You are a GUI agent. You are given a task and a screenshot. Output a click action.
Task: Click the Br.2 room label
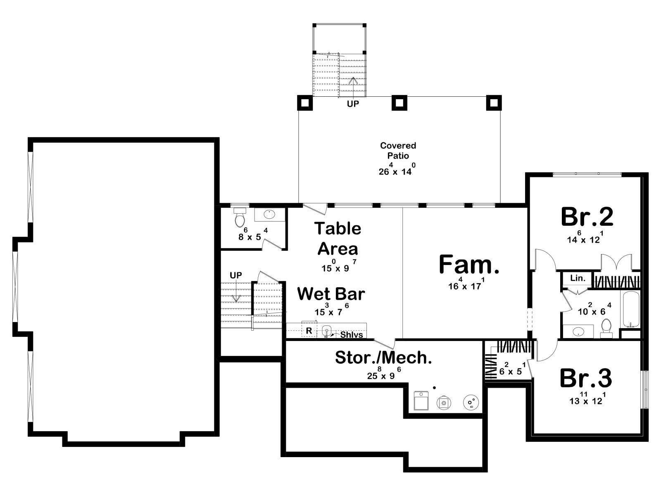pyautogui.click(x=587, y=217)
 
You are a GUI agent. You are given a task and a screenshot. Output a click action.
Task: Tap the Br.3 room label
pyautogui.click(x=586, y=378)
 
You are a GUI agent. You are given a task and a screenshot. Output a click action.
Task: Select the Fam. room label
pyautogui.click(x=469, y=264)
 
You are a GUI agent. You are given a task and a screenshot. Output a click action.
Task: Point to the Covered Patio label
pyautogui.click(x=398, y=150)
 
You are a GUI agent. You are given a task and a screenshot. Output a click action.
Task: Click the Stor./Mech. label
pyautogui.click(x=383, y=358)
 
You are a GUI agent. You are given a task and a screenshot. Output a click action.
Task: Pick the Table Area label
pyautogui.click(x=338, y=238)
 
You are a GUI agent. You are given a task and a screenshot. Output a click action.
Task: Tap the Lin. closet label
pyautogui.click(x=578, y=278)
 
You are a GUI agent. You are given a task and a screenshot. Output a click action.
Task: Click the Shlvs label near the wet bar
pyautogui.click(x=352, y=334)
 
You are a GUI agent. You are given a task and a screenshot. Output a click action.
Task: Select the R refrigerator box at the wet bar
pyautogui.click(x=309, y=330)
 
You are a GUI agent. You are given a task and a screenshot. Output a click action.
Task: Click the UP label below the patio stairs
pyautogui.click(x=353, y=104)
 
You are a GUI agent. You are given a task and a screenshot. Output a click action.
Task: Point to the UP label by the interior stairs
pyautogui.click(x=236, y=275)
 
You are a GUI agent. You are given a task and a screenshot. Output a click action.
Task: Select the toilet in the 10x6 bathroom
pyautogui.click(x=606, y=328)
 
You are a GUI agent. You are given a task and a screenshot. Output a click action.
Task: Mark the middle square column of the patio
pyautogui.click(x=399, y=103)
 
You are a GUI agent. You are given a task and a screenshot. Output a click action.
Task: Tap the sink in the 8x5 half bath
pyautogui.click(x=269, y=215)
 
